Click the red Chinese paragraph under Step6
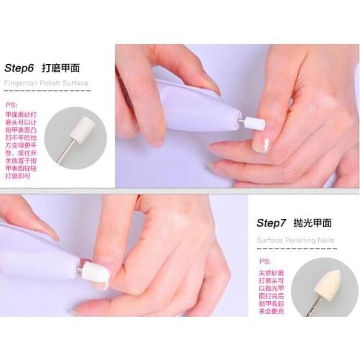pos(22,144)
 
